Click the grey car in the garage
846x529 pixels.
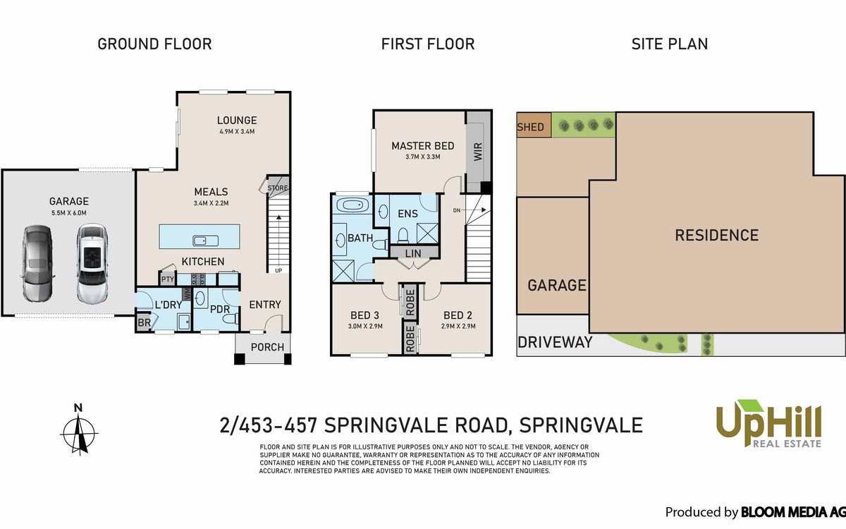tap(37, 264)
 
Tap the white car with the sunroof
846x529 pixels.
tap(92, 263)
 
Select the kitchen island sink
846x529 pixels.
tap(205, 241)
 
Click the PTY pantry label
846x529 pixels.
tap(167, 279)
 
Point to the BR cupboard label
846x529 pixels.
tap(144, 323)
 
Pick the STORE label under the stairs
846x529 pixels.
tap(278, 188)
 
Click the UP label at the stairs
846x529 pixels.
tap(278, 271)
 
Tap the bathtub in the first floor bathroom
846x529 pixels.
tap(352, 205)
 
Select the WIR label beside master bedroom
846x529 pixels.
tap(478, 151)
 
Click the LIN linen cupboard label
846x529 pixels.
tap(413, 253)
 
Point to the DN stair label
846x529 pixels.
tap(457, 210)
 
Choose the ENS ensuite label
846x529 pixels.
tap(407, 214)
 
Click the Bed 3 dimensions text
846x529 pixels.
tap(365, 326)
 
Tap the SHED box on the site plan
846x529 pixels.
tap(534, 125)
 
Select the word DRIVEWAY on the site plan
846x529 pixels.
tap(555, 342)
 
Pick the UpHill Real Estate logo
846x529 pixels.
tap(768, 424)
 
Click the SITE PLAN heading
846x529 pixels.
tap(670, 44)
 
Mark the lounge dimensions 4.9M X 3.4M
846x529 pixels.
tap(237, 131)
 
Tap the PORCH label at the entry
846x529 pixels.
tap(267, 347)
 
